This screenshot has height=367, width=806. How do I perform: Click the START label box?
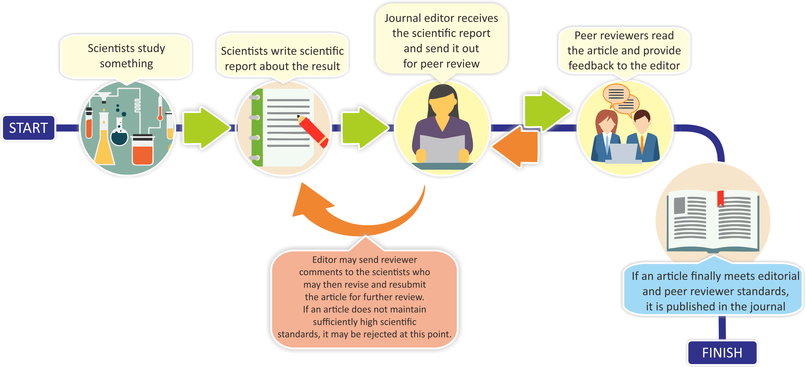[28, 128]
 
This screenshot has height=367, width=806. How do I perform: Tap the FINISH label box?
[722, 353]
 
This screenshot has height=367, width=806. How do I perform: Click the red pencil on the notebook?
[312, 131]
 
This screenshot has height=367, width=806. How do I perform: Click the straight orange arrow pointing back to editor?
[516, 146]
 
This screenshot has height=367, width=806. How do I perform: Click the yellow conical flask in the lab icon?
[104, 149]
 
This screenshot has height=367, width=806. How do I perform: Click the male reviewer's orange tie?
[642, 144]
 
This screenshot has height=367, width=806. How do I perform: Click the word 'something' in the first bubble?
[126, 63]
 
